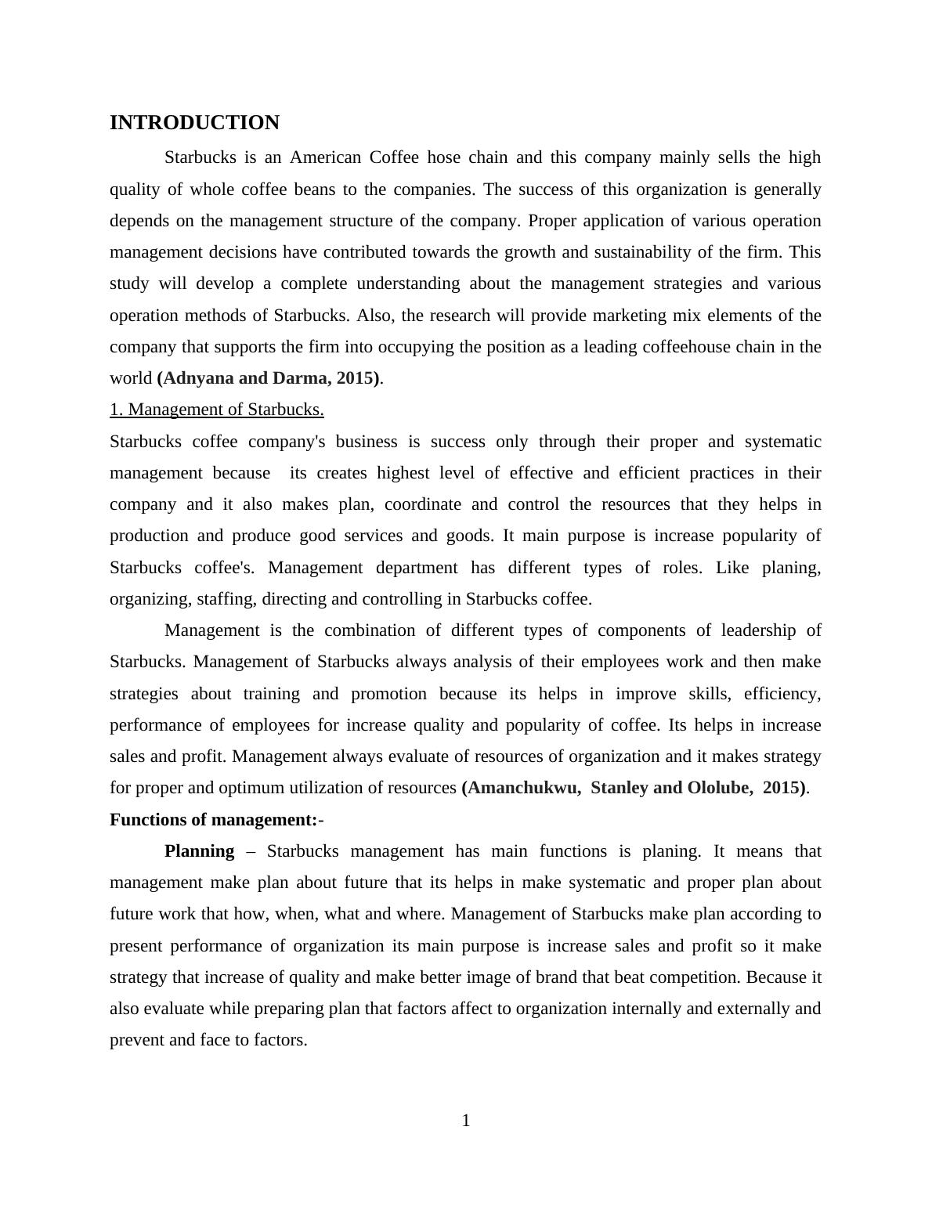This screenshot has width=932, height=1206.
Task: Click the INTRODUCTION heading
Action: [194, 123]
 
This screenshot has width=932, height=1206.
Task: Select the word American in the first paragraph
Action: [325, 157]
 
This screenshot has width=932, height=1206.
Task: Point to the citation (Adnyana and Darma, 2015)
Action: [269, 378]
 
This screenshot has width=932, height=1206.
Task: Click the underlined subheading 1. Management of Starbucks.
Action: [217, 410]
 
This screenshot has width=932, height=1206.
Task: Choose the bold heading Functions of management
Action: [213, 820]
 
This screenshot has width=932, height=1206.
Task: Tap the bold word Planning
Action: [199, 851]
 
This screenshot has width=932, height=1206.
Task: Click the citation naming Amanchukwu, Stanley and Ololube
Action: [634, 788]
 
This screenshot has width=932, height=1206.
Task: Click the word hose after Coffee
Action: [443, 157]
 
